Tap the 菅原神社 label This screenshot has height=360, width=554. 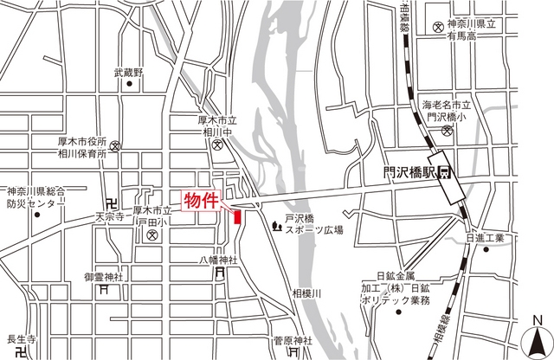[x=292, y=340]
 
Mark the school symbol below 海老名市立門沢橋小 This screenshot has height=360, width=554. [x=446, y=132]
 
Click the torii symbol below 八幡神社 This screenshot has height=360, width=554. [x=219, y=274]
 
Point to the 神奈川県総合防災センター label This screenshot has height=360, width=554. [x=36, y=197]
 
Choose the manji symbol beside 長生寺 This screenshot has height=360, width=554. [x=22, y=353]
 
